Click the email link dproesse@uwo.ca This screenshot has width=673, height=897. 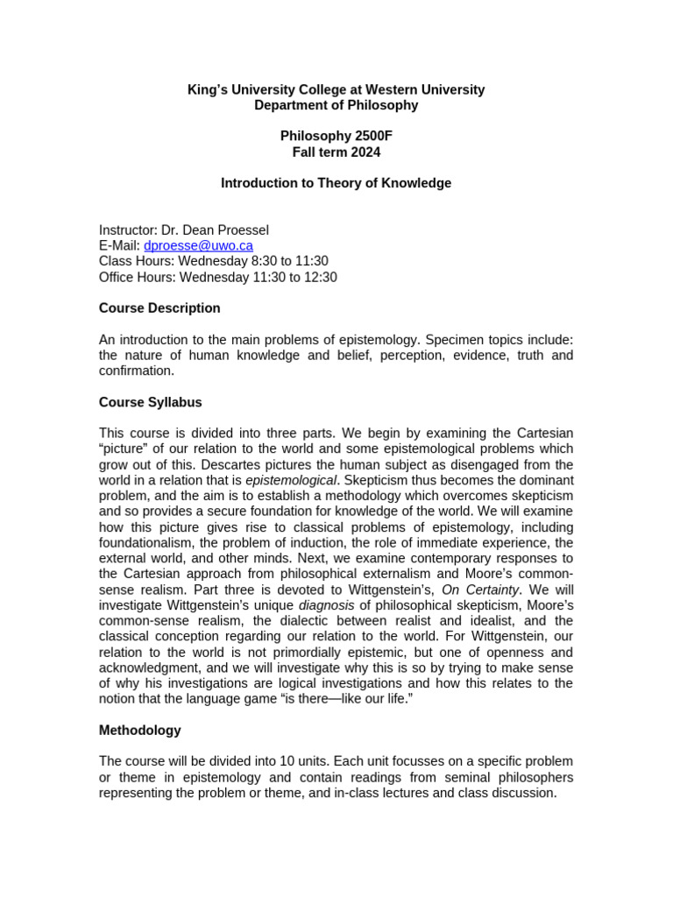tap(198, 246)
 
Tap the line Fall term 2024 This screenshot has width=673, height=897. tap(336, 152)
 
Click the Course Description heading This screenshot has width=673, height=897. tap(159, 308)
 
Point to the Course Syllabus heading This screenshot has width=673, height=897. tap(150, 402)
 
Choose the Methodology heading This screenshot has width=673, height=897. tap(139, 730)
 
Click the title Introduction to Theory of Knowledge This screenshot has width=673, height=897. tap(336, 183)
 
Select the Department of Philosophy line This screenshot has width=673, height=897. tap(336, 105)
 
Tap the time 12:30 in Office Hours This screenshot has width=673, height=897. tap(320, 278)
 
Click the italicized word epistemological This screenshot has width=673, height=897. tap(290, 480)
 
